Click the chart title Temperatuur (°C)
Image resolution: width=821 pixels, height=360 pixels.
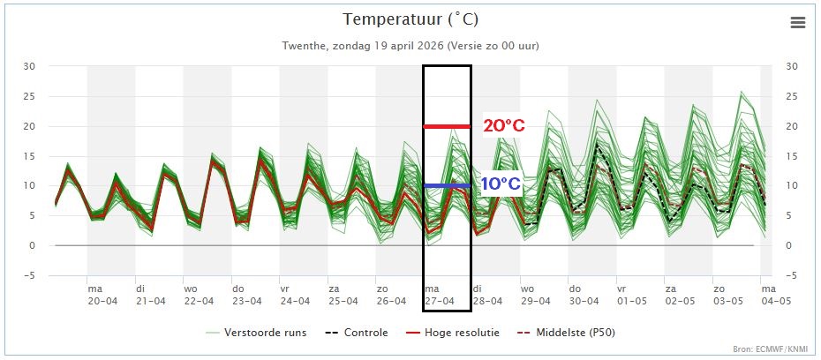tap(410, 19)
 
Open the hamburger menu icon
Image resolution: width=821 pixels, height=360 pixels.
tap(798, 23)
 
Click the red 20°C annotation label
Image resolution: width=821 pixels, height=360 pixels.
tap(504, 126)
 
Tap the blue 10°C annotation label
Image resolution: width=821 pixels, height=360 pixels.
tap(501, 185)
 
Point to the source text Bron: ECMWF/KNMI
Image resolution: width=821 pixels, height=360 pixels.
tap(769, 350)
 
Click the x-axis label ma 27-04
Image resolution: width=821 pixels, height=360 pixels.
tap(439, 294)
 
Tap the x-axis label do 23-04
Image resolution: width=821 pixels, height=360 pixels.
tap(246, 294)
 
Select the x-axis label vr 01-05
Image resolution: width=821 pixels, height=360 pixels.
tap(631, 294)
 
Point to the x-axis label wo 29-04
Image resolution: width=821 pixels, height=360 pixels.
tap(535, 294)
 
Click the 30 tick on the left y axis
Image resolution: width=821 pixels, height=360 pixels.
tap(29, 66)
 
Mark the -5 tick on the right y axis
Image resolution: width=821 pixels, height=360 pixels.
tap(792, 275)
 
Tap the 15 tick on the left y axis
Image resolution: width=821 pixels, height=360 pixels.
tap(29, 156)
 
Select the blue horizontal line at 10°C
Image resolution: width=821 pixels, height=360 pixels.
tap(447, 185)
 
